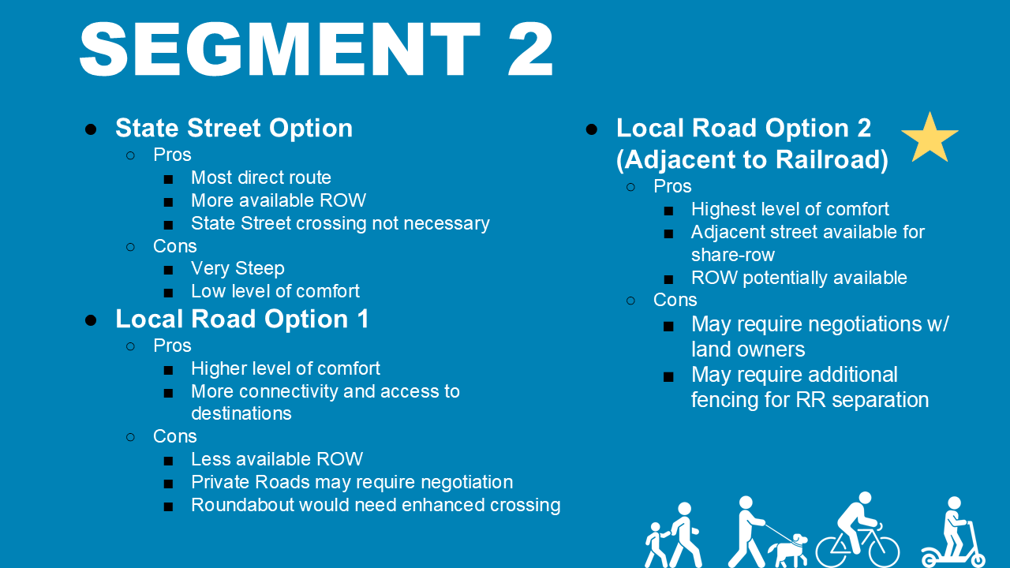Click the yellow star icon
tap(930, 139)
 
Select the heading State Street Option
tap(234, 128)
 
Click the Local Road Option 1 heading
tap(241, 319)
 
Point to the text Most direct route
tap(260, 177)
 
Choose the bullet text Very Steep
tap(238, 268)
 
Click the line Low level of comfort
tap(275, 291)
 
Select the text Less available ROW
tap(276, 459)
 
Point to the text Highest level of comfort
tap(789, 209)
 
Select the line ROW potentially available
tap(799, 278)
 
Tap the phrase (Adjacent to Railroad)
tap(752, 159)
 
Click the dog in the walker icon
tap(788, 550)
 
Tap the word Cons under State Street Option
tap(174, 246)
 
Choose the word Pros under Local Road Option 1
tap(172, 346)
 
